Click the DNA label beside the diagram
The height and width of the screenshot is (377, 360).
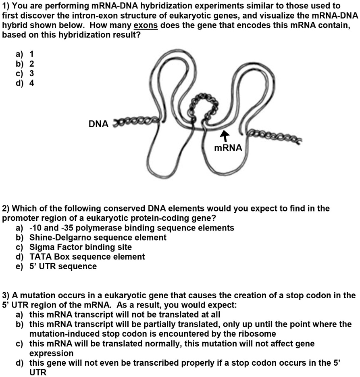coord(99,124)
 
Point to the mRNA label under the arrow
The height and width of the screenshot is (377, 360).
coord(228,148)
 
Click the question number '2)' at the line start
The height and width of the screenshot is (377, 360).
coord(6,209)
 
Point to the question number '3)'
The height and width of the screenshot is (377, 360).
coord(6,295)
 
